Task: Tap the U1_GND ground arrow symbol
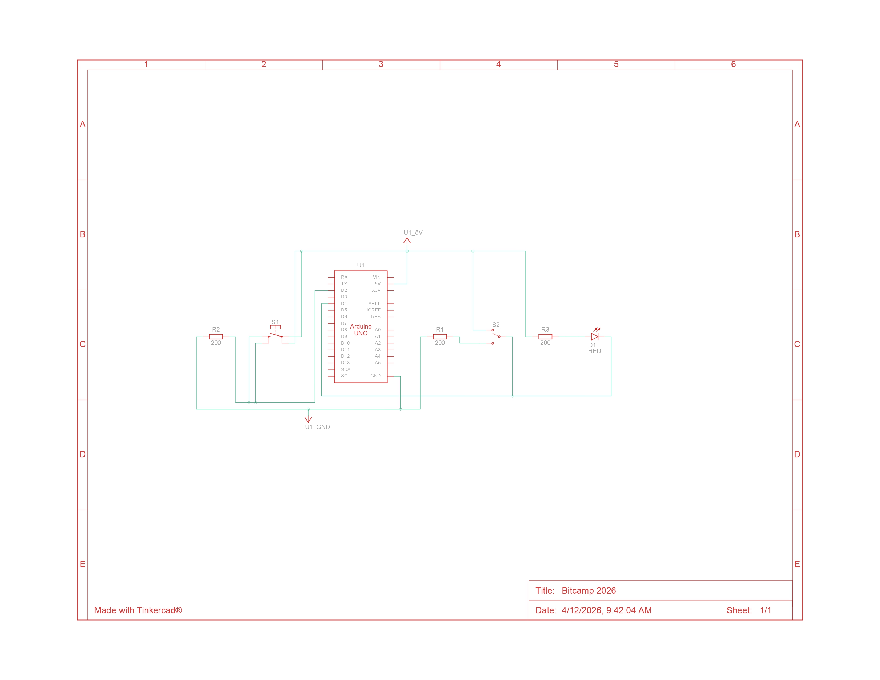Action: pos(308,419)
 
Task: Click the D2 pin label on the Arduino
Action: pos(344,290)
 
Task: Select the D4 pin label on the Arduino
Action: pos(344,303)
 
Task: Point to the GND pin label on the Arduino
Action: pos(375,375)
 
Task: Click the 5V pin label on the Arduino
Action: pos(378,284)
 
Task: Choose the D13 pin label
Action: pos(345,363)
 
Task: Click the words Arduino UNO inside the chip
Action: pos(361,330)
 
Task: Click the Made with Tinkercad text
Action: pos(138,610)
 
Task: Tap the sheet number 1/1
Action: pos(765,610)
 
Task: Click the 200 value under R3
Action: pos(545,343)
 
